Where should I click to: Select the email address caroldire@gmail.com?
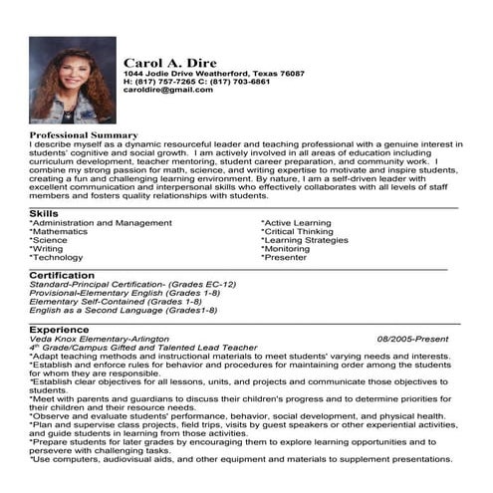167,90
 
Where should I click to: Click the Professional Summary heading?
84,134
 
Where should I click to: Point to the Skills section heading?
43,213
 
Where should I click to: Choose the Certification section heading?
62,274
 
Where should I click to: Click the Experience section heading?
59,329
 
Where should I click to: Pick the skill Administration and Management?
101,223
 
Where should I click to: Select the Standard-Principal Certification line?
131,284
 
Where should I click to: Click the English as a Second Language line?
123,310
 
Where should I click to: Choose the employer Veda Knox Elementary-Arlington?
100,339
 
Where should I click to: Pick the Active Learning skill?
297,223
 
